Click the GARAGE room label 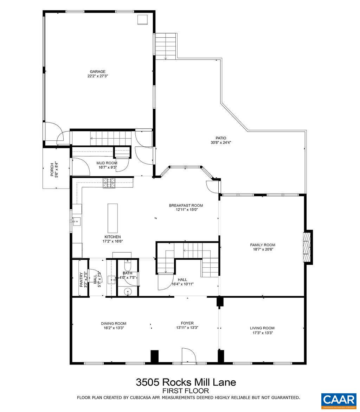click(97, 71)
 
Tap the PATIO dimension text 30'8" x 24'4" click(221, 143)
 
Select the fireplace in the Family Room click(308, 246)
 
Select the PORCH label click(52, 169)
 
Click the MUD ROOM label click(107, 163)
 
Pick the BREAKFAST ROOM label click(186, 205)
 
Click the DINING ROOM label click(113, 323)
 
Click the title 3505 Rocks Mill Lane click(186, 382)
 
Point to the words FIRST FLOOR click(186, 391)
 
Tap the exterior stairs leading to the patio click(165, 46)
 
